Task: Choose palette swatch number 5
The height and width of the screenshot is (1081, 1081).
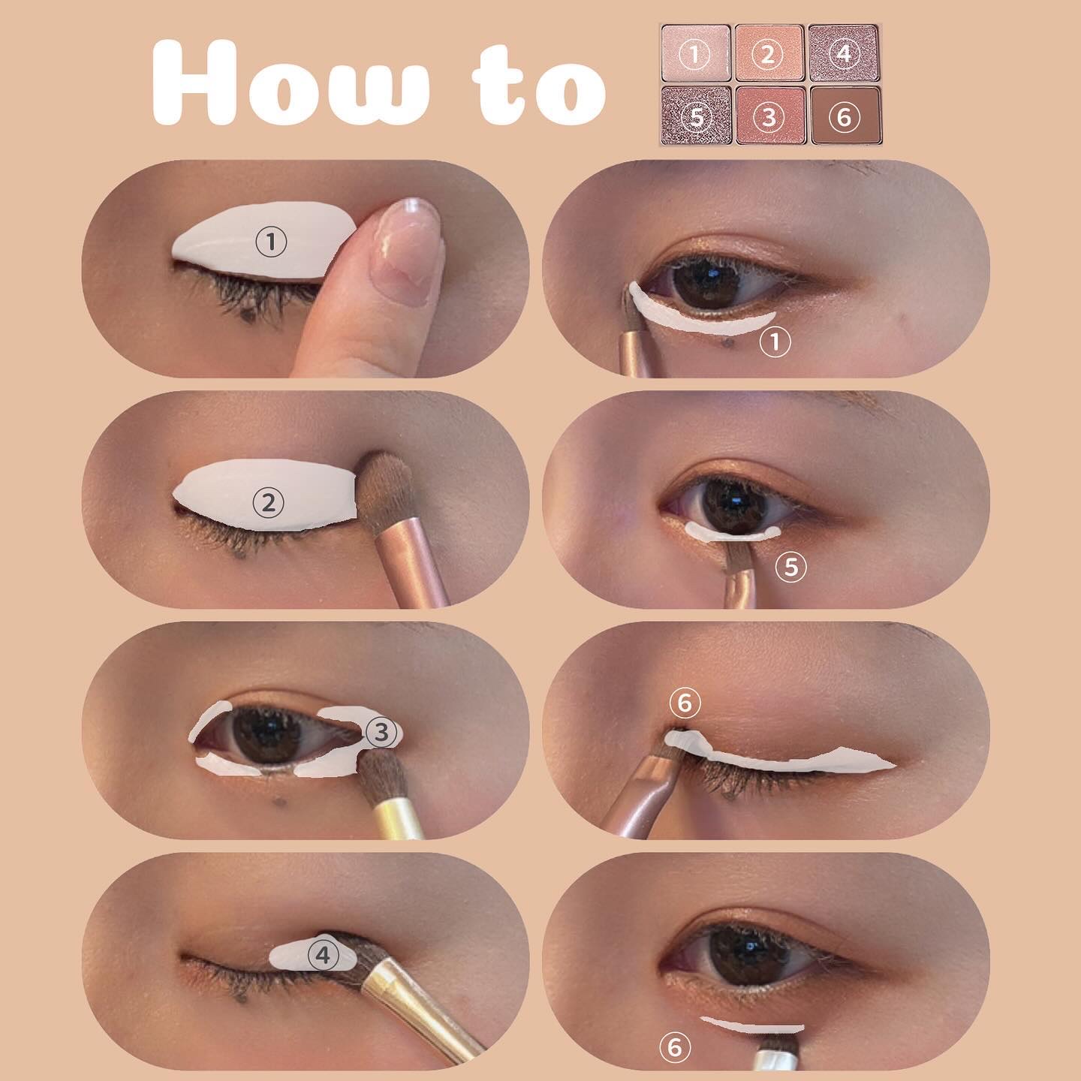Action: (x=696, y=116)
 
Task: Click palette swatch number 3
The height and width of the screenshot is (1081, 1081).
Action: (x=769, y=116)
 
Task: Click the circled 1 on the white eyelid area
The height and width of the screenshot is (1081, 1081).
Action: (x=271, y=242)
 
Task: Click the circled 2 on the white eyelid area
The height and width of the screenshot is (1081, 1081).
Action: (x=269, y=503)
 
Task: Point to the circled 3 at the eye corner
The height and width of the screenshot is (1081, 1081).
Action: (x=381, y=732)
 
